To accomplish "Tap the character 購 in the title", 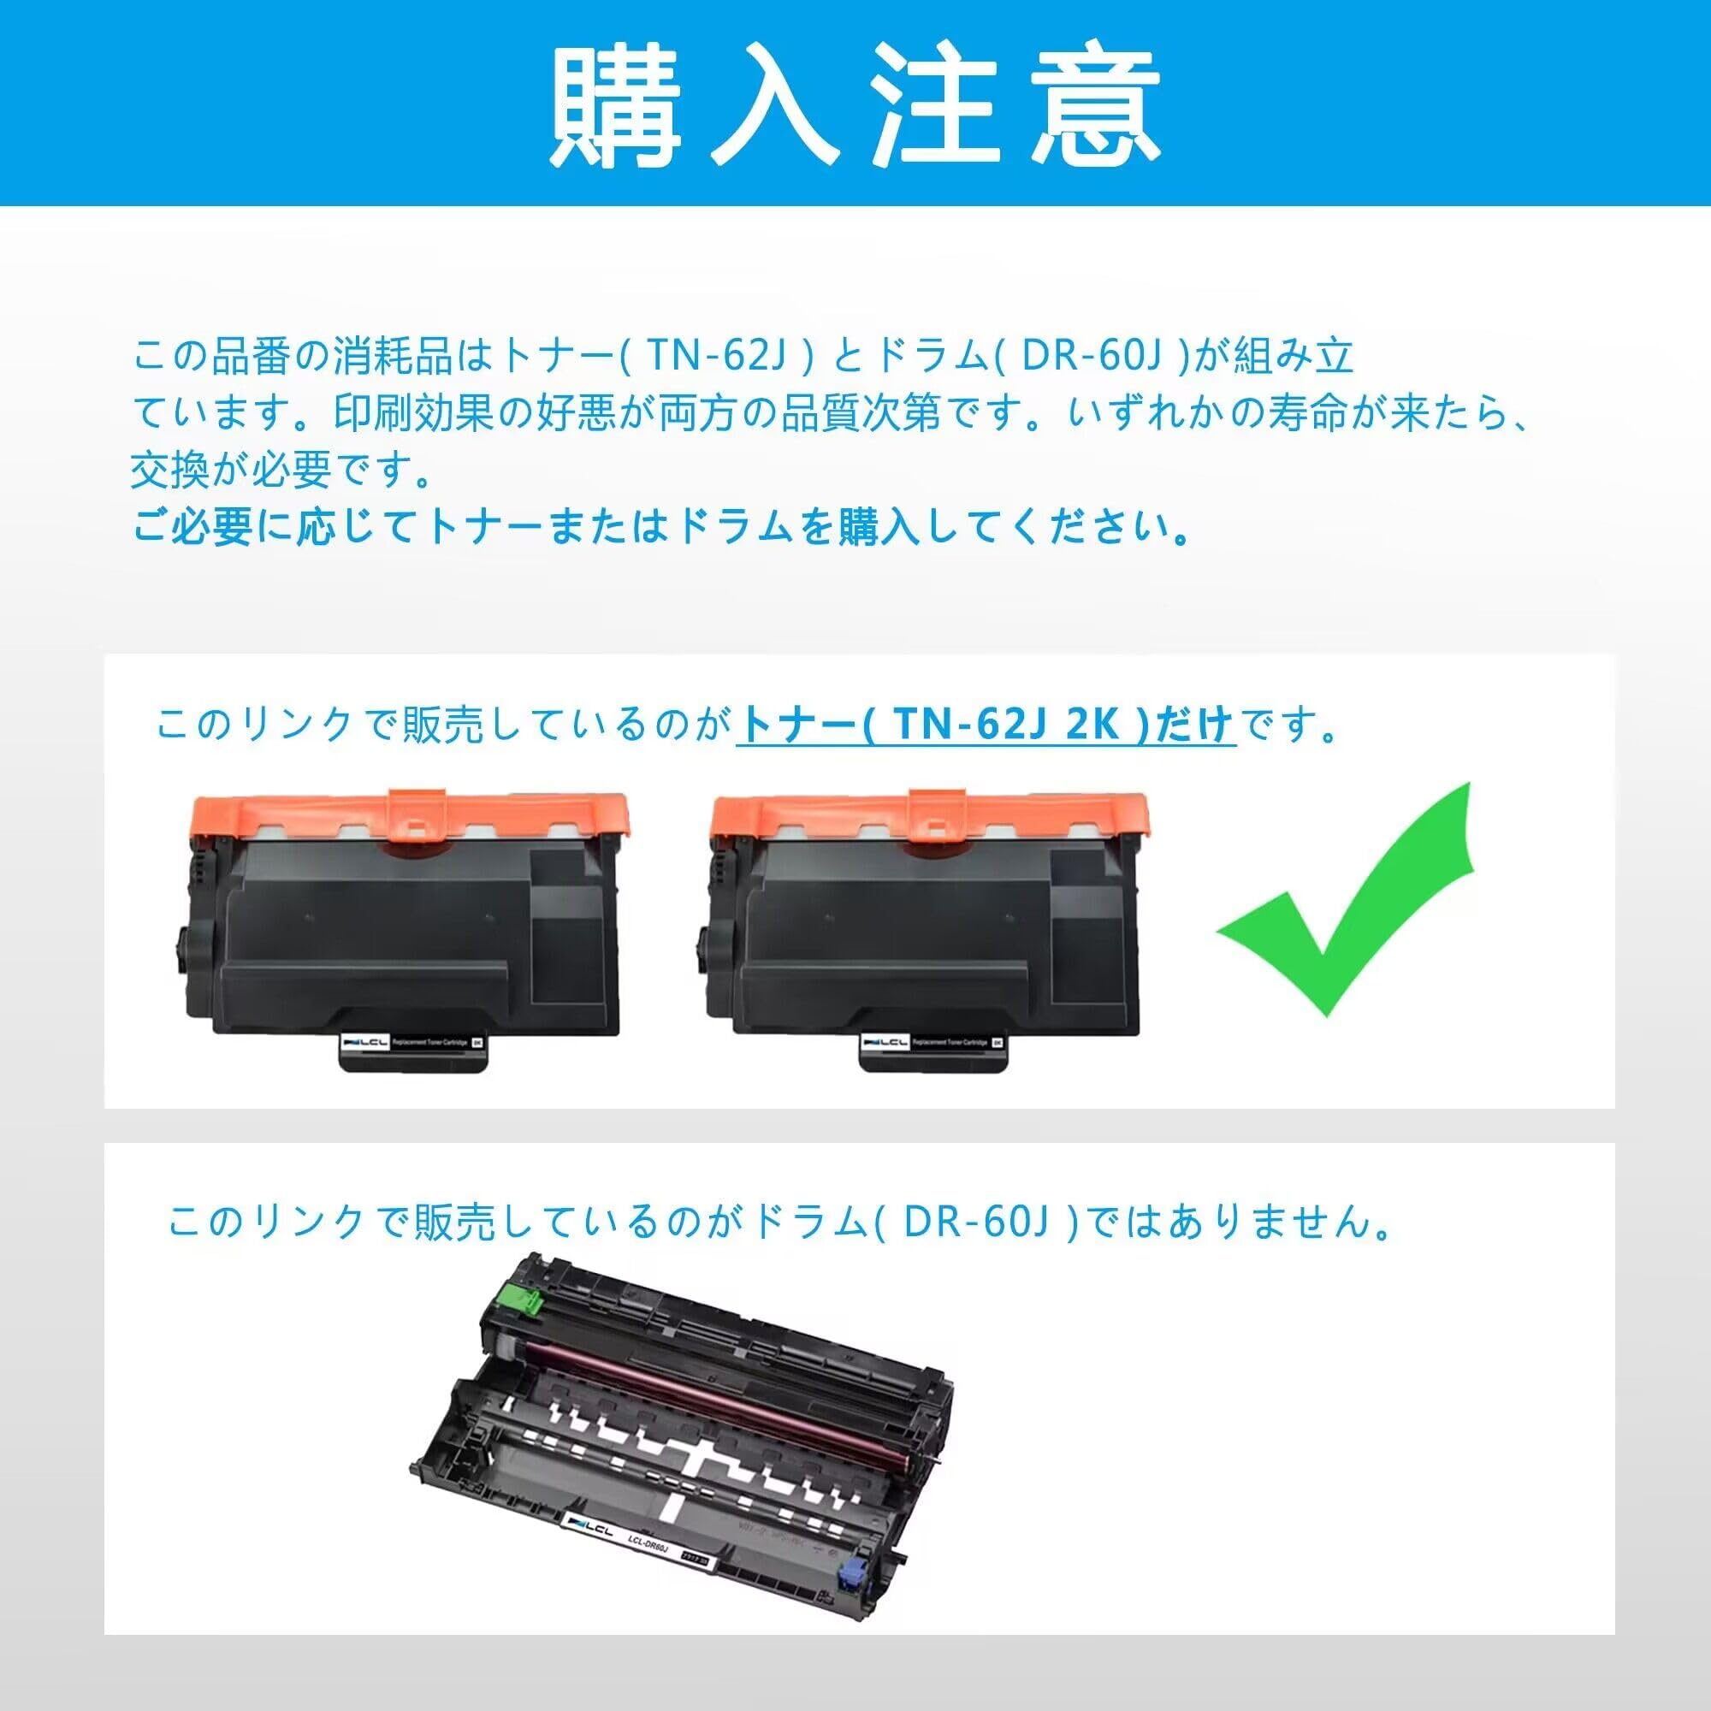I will click(618, 105).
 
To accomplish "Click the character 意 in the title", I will click(1097, 105).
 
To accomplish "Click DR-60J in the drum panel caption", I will click(975, 1223).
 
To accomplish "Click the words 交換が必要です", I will click(281, 471).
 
